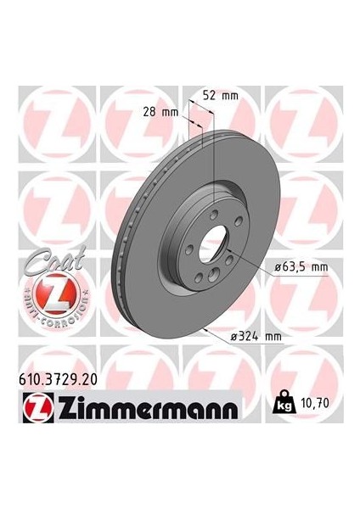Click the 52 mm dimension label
[222, 96]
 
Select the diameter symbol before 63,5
[278, 266]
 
